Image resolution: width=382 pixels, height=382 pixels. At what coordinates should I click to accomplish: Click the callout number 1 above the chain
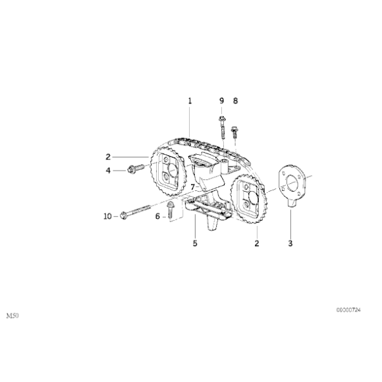190,101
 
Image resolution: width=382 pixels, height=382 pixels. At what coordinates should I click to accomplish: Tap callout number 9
221,101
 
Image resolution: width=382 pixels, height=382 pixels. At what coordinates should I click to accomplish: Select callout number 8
235,101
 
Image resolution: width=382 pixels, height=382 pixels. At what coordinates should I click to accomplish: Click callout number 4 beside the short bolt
108,171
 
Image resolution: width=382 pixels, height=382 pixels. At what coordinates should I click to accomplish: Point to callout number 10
107,216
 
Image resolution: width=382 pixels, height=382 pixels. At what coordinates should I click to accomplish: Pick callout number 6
157,216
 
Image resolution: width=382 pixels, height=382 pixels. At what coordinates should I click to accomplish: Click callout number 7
193,187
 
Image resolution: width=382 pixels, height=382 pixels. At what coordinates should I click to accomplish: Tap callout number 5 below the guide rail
195,243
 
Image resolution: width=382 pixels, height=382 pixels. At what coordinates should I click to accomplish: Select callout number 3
290,243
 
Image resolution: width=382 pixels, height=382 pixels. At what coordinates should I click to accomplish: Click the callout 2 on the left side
108,157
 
